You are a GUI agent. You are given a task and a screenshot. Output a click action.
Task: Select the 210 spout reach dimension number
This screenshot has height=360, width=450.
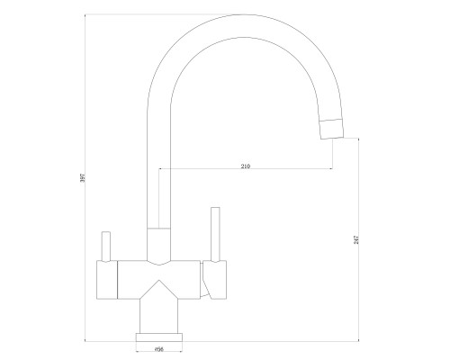click(x=246, y=166)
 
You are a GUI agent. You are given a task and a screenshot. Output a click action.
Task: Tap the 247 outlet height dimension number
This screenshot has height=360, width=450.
click(x=356, y=239)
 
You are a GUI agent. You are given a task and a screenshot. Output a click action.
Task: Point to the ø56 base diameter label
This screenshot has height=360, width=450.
click(x=159, y=349)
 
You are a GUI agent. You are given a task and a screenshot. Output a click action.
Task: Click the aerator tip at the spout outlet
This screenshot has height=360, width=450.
click(x=332, y=129)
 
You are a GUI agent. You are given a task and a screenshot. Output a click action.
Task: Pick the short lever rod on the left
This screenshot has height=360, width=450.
click(x=106, y=247)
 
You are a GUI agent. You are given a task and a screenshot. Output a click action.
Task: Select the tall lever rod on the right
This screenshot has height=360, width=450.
click(x=215, y=234)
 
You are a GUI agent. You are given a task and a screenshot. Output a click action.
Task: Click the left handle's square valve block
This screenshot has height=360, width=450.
click(x=107, y=280)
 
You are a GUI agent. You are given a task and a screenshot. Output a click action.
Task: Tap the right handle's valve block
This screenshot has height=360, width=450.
click(x=214, y=280)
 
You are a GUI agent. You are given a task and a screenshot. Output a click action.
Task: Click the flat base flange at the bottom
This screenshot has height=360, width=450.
click(x=159, y=337)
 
